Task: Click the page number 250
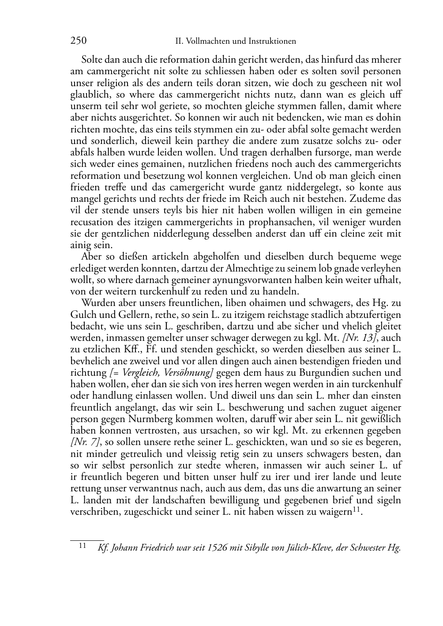coord(78,41)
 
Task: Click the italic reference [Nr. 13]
coord(357,338)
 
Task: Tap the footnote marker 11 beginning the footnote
coord(82,546)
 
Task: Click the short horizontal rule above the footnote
coord(87,539)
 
